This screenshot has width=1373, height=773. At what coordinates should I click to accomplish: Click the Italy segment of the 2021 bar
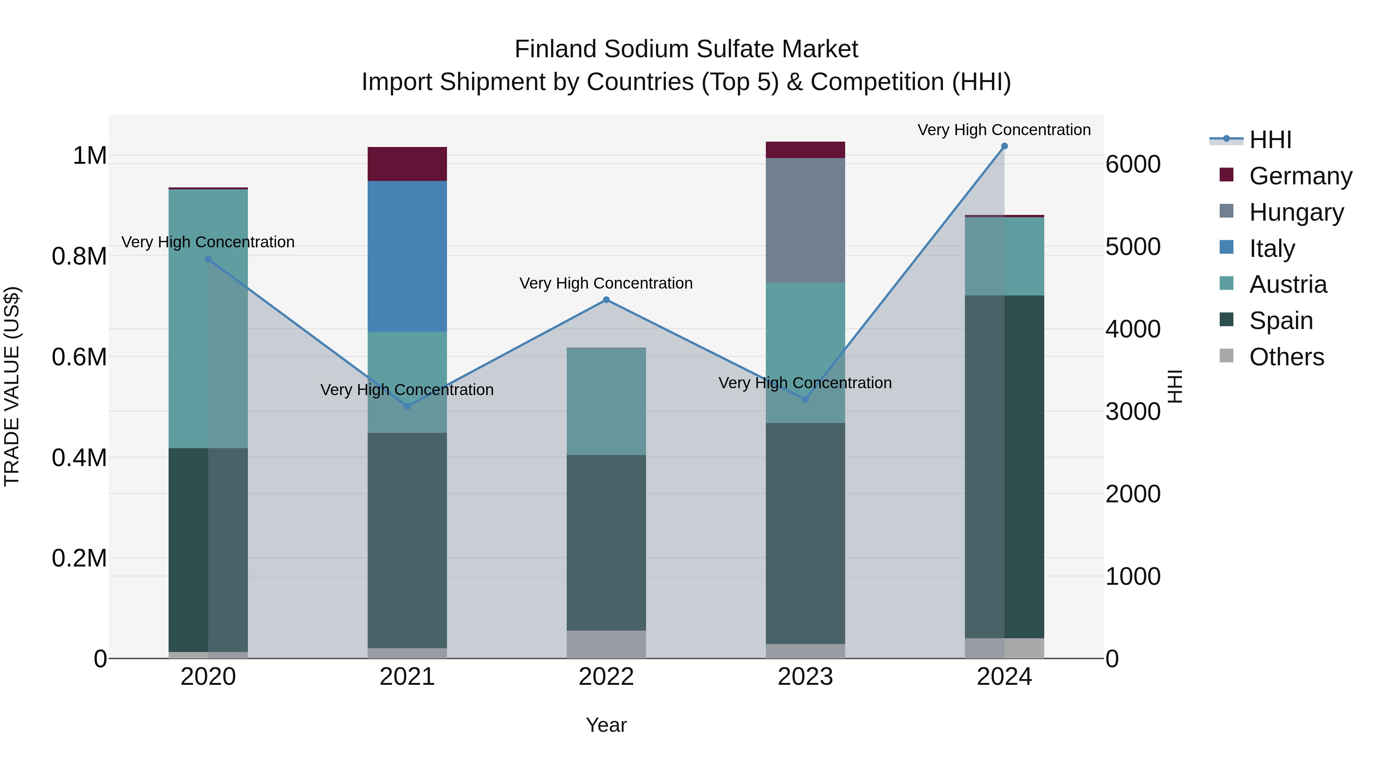pyautogui.click(x=407, y=256)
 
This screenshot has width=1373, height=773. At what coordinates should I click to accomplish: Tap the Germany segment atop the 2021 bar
pyautogui.click(x=407, y=164)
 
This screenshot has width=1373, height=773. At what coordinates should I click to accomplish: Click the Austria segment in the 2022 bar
pyautogui.click(x=606, y=401)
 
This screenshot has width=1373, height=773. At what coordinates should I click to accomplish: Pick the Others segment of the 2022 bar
pyautogui.click(x=606, y=644)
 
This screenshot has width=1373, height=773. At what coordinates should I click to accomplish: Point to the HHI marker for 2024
pyautogui.click(x=1004, y=146)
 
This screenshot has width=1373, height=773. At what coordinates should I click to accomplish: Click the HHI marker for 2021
pyautogui.click(x=407, y=407)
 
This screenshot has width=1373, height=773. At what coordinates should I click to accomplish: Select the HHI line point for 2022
pyautogui.click(x=606, y=300)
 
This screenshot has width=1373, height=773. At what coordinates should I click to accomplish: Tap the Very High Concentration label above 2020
pyautogui.click(x=208, y=242)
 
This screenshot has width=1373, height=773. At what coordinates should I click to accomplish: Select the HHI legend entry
pyautogui.click(x=1270, y=140)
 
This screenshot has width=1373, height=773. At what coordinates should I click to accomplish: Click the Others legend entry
pyautogui.click(x=1286, y=357)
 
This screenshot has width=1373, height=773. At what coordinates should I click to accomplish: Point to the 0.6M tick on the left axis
pyautogui.click(x=79, y=357)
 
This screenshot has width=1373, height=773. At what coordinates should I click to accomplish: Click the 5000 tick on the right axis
pyautogui.click(x=1133, y=247)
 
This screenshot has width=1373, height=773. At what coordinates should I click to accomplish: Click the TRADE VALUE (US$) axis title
pyautogui.click(x=12, y=386)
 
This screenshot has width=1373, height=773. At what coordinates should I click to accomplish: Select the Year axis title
pyautogui.click(x=606, y=725)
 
